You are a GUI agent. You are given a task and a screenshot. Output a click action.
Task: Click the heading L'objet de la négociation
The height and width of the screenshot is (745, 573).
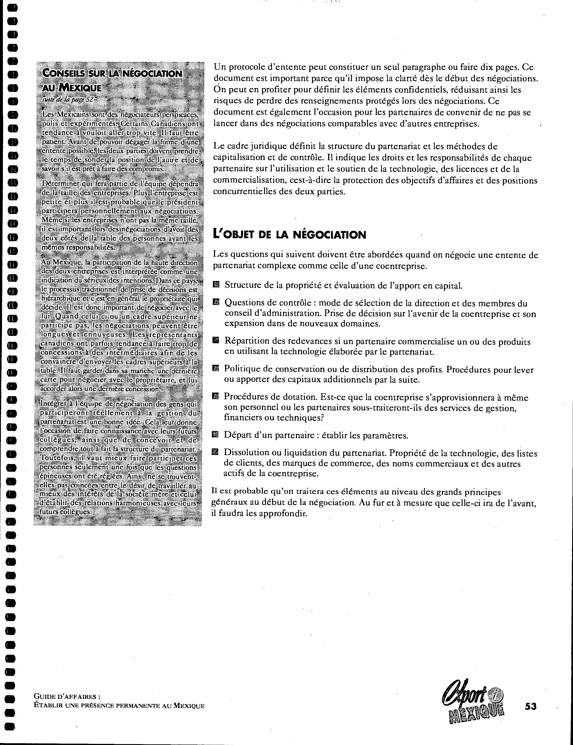click(289, 235)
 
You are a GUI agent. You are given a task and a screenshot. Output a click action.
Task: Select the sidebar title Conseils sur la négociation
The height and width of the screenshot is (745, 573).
click(112, 73)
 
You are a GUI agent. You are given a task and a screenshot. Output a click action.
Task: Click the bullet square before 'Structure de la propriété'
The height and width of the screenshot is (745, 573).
click(215, 285)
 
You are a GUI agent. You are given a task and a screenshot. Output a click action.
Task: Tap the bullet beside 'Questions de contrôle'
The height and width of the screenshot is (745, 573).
click(215, 302)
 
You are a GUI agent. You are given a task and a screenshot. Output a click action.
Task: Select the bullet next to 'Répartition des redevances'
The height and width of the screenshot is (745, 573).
click(215, 340)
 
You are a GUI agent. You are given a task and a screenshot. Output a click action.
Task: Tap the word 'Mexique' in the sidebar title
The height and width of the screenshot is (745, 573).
click(80, 87)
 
